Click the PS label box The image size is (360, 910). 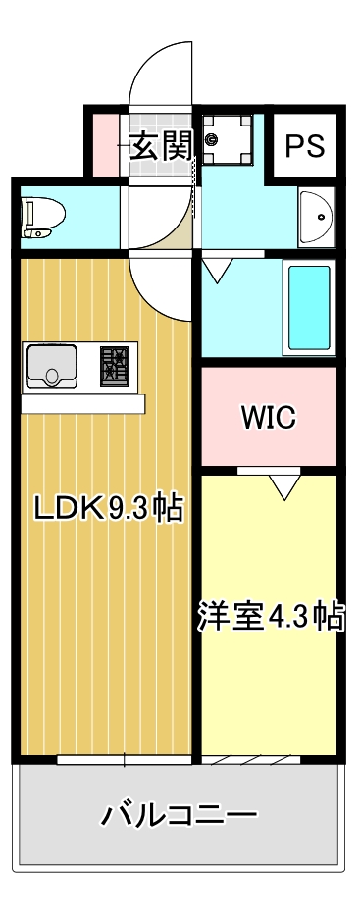(x=304, y=146)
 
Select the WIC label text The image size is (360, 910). (x=269, y=417)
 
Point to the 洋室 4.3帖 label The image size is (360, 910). (x=270, y=616)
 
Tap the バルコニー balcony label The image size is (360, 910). (x=179, y=814)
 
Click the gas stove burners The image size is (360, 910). (x=115, y=366)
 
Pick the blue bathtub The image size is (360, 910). (x=308, y=306)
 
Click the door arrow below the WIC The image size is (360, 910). (x=285, y=484)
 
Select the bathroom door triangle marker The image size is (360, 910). (x=217, y=268)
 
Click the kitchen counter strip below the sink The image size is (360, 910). (x=83, y=403)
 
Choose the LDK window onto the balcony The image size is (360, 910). (x=125, y=759)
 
